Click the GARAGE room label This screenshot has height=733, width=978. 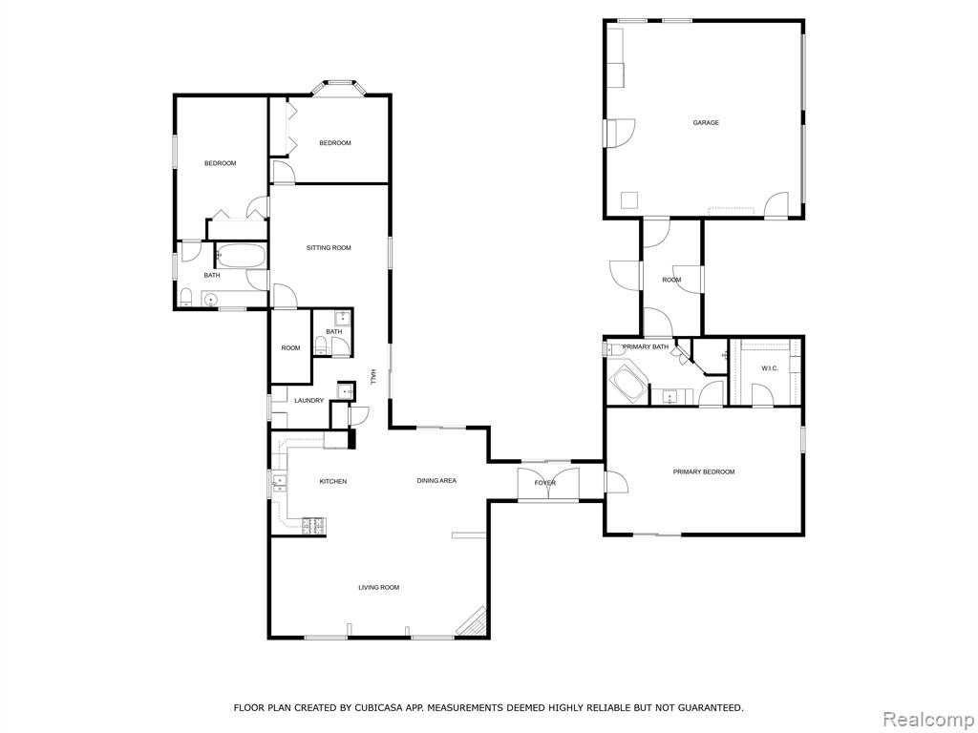(x=706, y=123)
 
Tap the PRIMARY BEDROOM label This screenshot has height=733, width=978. (x=704, y=471)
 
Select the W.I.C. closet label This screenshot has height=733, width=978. (x=770, y=368)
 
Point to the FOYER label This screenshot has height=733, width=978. (x=545, y=483)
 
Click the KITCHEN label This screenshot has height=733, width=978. (x=333, y=481)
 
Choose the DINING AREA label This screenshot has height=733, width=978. (x=436, y=481)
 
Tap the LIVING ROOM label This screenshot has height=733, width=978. (x=378, y=587)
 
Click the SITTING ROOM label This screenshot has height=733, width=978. (x=329, y=247)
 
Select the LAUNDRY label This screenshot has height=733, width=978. (x=308, y=400)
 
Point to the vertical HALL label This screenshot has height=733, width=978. (x=373, y=376)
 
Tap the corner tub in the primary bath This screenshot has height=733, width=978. (x=629, y=382)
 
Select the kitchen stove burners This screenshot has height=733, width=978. (x=314, y=526)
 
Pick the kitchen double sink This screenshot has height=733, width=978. (x=279, y=481)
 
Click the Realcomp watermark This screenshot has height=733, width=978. (x=927, y=719)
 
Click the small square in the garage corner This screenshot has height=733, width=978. (x=629, y=199)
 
